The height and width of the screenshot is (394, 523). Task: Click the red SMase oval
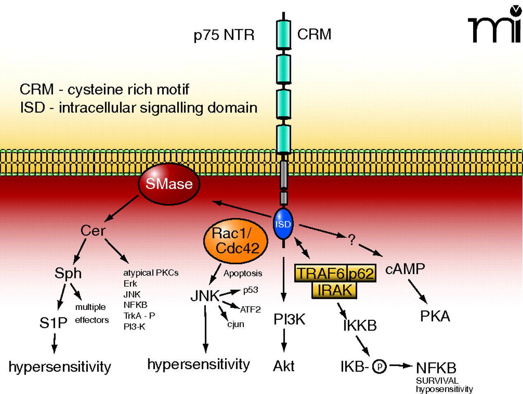point(169,184)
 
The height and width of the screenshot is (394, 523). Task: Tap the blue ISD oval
point(283,224)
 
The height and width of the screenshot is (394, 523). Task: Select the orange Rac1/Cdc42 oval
point(236,241)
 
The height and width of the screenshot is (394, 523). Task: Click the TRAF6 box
point(320,273)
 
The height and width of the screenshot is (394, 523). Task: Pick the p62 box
point(361,273)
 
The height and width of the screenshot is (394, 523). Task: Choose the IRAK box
point(335,290)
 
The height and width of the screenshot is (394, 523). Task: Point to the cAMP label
point(405,269)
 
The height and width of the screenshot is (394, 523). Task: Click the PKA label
point(435,317)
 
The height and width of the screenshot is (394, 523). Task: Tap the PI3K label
point(289,319)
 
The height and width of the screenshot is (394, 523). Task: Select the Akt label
point(284,366)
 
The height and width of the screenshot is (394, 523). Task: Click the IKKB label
point(360,325)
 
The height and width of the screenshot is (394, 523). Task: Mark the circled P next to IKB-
point(380,367)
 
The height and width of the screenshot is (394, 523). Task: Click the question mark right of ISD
point(351,240)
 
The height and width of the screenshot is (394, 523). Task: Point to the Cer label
point(93,231)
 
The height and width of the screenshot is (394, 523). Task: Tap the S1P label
point(53,323)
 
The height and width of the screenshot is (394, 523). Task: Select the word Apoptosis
point(243,273)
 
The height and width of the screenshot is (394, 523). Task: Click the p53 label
point(250,290)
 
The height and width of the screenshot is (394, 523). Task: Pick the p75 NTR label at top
point(224,35)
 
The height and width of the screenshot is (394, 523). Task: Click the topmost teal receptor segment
point(284,35)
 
